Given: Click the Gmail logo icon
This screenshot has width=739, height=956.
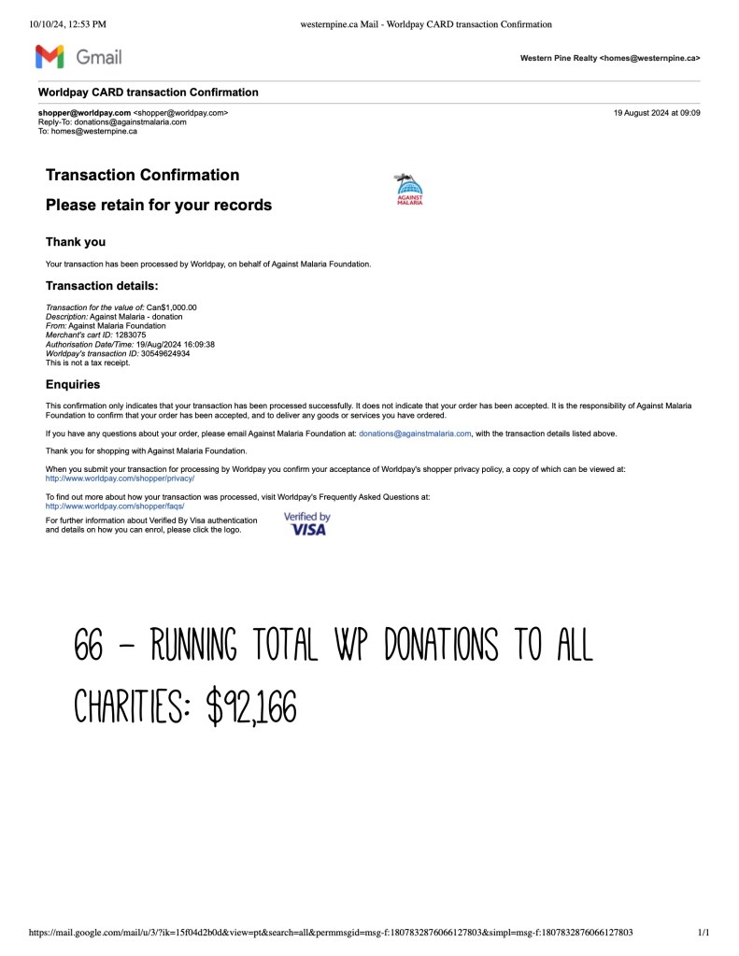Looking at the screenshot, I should point(50,57).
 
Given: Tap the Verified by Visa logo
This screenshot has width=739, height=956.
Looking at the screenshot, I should point(306,524).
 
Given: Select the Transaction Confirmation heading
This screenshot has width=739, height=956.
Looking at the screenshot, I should point(142,175).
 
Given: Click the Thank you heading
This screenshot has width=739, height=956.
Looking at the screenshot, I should point(76,242).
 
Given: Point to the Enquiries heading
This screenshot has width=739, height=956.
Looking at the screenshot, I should point(73,384).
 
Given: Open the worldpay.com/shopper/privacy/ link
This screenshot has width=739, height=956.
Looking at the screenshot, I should point(120,478).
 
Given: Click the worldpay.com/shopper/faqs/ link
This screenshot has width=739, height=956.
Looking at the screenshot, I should point(115,506).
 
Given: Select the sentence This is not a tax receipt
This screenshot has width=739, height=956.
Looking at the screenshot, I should point(88,363).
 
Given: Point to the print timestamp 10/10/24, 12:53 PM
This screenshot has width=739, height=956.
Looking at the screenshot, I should point(68,24).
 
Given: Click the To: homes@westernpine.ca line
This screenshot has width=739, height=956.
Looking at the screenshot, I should point(87,131).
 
